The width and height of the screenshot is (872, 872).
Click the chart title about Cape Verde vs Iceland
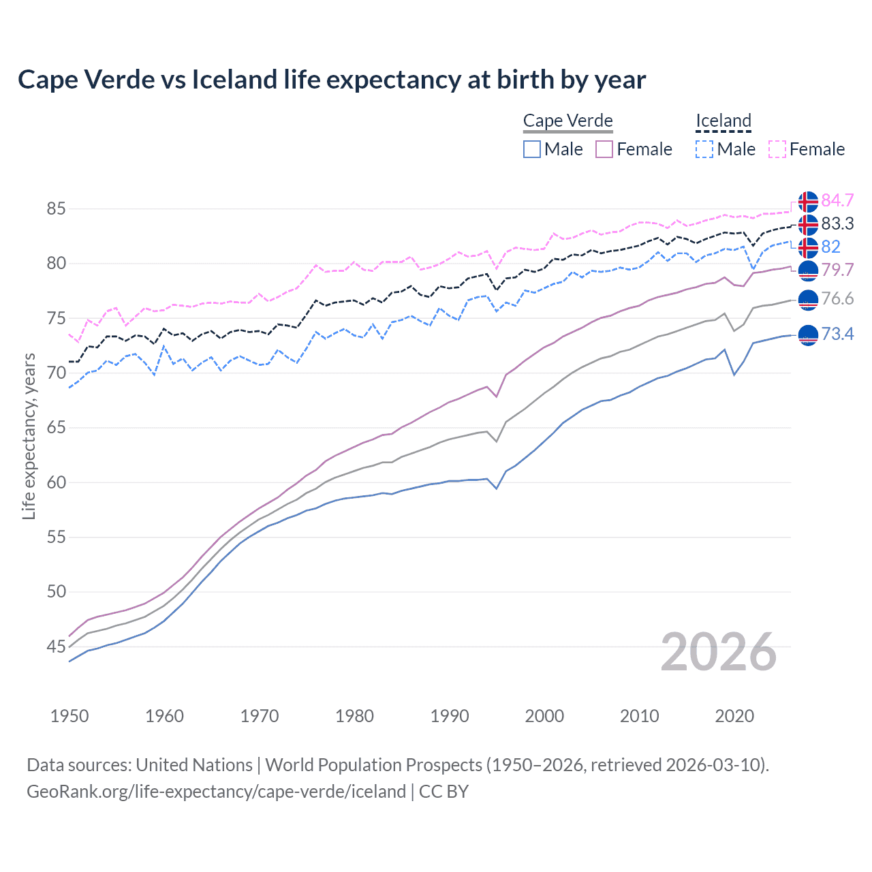[x=331, y=80]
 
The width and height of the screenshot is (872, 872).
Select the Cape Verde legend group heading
[x=567, y=121]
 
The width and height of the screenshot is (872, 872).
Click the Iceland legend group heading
[x=723, y=121]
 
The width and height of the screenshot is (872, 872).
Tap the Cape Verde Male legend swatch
[x=532, y=149]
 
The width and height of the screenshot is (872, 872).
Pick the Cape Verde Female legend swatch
[x=604, y=149]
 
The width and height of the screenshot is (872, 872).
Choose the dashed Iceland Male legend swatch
[x=704, y=149]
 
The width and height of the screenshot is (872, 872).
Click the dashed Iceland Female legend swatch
[x=777, y=149]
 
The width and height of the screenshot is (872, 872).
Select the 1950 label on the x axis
[x=69, y=716]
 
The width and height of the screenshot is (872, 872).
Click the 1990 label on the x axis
[x=450, y=716]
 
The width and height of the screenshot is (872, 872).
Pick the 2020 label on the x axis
[x=734, y=716]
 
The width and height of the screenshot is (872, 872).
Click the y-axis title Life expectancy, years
[x=29, y=436]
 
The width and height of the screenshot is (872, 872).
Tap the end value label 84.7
[x=837, y=200]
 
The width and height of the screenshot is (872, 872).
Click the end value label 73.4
[x=837, y=334]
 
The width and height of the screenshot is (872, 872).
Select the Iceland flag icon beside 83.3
[x=808, y=224]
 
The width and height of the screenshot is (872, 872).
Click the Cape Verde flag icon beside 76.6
[x=808, y=299]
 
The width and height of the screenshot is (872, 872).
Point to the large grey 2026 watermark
[x=718, y=652]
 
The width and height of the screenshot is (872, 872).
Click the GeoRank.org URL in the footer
[x=216, y=792]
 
